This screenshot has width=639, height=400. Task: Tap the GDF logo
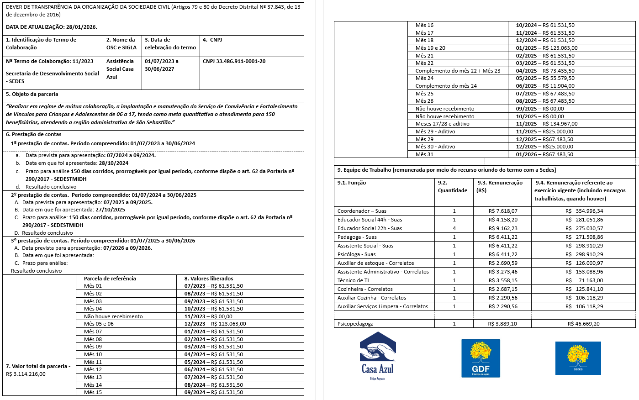pyautogui.click(x=481, y=358)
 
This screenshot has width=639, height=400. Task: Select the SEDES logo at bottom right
pyautogui.click(x=578, y=358)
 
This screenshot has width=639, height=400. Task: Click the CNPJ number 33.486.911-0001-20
pyautogui.click(x=234, y=61)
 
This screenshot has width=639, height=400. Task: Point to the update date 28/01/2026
pyautogui.click(x=81, y=27)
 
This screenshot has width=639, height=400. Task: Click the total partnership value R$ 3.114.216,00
pyautogui.click(x=26, y=374)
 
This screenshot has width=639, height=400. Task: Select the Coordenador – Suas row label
pyautogui.click(x=362, y=211)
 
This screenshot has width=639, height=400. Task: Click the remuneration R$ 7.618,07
pyautogui.click(x=503, y=211)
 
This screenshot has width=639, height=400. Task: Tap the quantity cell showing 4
pyautogui.click(x=454, y=228)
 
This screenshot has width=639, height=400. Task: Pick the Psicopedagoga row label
pyautogui.click(x=355, y=324)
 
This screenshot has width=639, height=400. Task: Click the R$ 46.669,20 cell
pyautogui.click(x=583, y=324)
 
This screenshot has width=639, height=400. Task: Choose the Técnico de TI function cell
pyautogui.click(x=353, y=280)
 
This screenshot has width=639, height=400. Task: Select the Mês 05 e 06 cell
pyautogui.click(x=99, y=324)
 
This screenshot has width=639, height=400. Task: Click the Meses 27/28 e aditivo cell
pyautogui.click(x=442, y=124)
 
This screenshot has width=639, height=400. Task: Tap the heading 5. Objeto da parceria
pyautogui.click(x=32, y=94)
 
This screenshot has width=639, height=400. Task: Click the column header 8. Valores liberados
pyautogui.click(x=209, y=279)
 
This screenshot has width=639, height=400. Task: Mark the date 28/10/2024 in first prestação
pyautogui.click(x=113, y=163)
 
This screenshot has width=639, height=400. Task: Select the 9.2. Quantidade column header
pyautogui.click(x=452, y=186)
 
